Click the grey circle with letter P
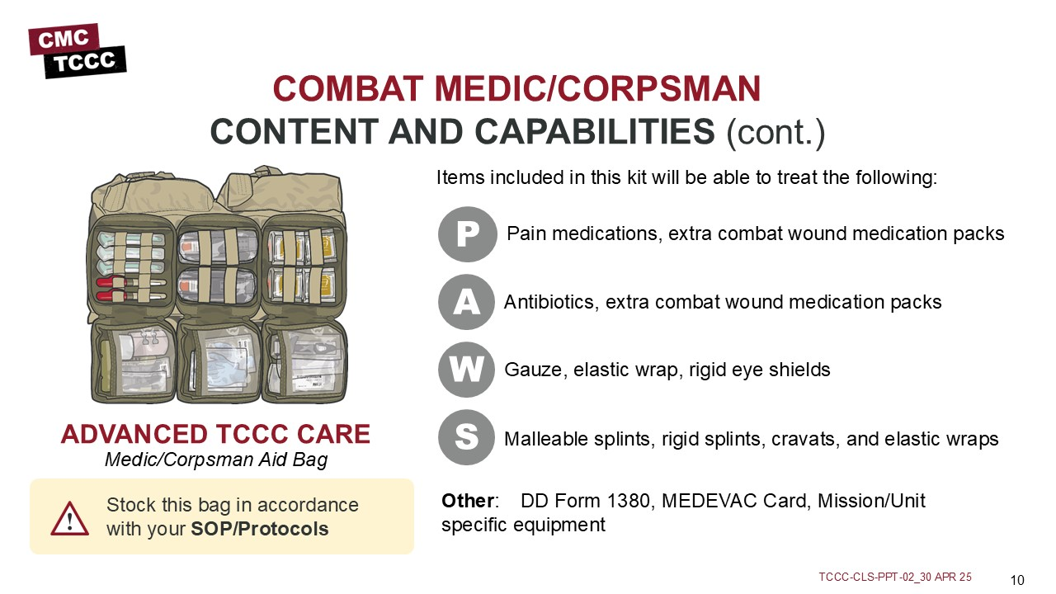(x=467, y=234)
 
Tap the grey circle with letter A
(x=466, y=302)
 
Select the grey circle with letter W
(x=466, y=370)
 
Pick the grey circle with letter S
(x=466, y=437)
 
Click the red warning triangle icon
(x=70, y=519)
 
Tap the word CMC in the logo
(x=64, y=39)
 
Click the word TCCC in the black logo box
(x=84, y=62)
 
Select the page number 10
(x=1017, y=580)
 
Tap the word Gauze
(x=535, y=370)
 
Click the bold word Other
(x=468, y=501)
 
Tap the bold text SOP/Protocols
(x=259, y=529)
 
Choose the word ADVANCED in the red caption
(x=134, y=434)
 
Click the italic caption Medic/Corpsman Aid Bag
(x=216, y=460)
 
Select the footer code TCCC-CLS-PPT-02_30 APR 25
(x=895, y=577)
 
